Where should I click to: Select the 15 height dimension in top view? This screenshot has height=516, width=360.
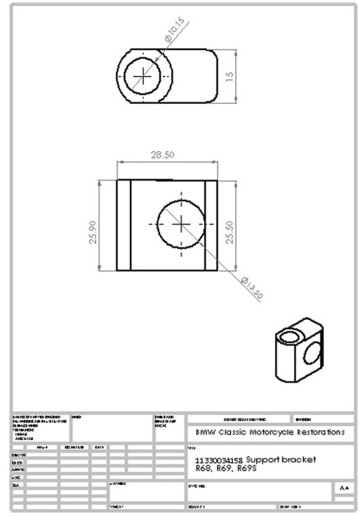229,77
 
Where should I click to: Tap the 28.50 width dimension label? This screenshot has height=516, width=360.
164,156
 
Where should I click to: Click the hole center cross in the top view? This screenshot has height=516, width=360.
144,76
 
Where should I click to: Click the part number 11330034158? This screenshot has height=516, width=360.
219,459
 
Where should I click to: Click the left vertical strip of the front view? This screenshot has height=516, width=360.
123,224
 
